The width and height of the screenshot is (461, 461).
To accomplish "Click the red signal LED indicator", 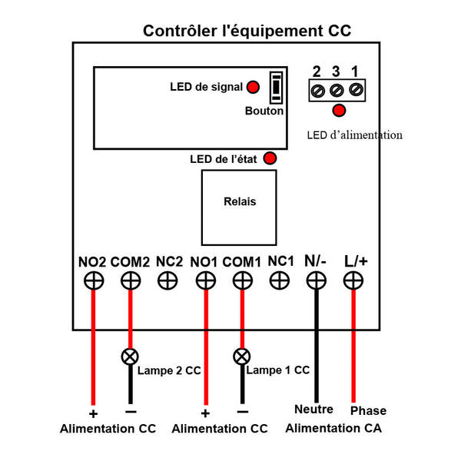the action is (x=253, y=87).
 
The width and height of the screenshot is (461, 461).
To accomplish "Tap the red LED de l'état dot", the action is (x=270, y=158).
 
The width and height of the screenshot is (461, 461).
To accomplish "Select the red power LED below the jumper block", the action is (x=339, y=111).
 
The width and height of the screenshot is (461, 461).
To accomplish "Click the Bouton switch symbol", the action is (x=277, y=88).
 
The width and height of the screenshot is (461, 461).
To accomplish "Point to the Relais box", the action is (x=239, y=207).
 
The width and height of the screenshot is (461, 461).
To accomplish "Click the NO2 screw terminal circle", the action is (x=94, y=280).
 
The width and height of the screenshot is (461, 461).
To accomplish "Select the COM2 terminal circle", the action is (x=131, y=280).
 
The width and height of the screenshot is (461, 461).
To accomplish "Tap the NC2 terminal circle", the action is (x=167, y=280).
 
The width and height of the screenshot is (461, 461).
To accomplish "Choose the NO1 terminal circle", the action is (x=206, y=280).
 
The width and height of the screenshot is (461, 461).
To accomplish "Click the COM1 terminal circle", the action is (x=243, y=280).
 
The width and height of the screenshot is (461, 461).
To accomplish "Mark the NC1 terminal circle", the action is (x=280, y=280).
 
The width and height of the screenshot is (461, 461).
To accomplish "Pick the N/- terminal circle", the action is (x=317, y=280).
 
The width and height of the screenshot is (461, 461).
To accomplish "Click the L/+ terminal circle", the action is (x=353, y=280).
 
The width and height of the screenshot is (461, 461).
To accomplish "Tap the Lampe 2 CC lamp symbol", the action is (x=130, y=357).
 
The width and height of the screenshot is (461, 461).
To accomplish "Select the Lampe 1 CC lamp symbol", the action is (x=242, y=357).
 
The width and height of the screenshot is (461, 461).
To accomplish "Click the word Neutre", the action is (x=313, y=410).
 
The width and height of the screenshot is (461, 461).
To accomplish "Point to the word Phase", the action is (x=368, y=411).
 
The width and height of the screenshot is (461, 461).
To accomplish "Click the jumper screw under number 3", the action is (x=337, y=90).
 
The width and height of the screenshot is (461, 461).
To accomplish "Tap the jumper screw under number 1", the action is (x=356, y=89).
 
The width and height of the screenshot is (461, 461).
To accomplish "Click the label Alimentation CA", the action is (x=333, y=428).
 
